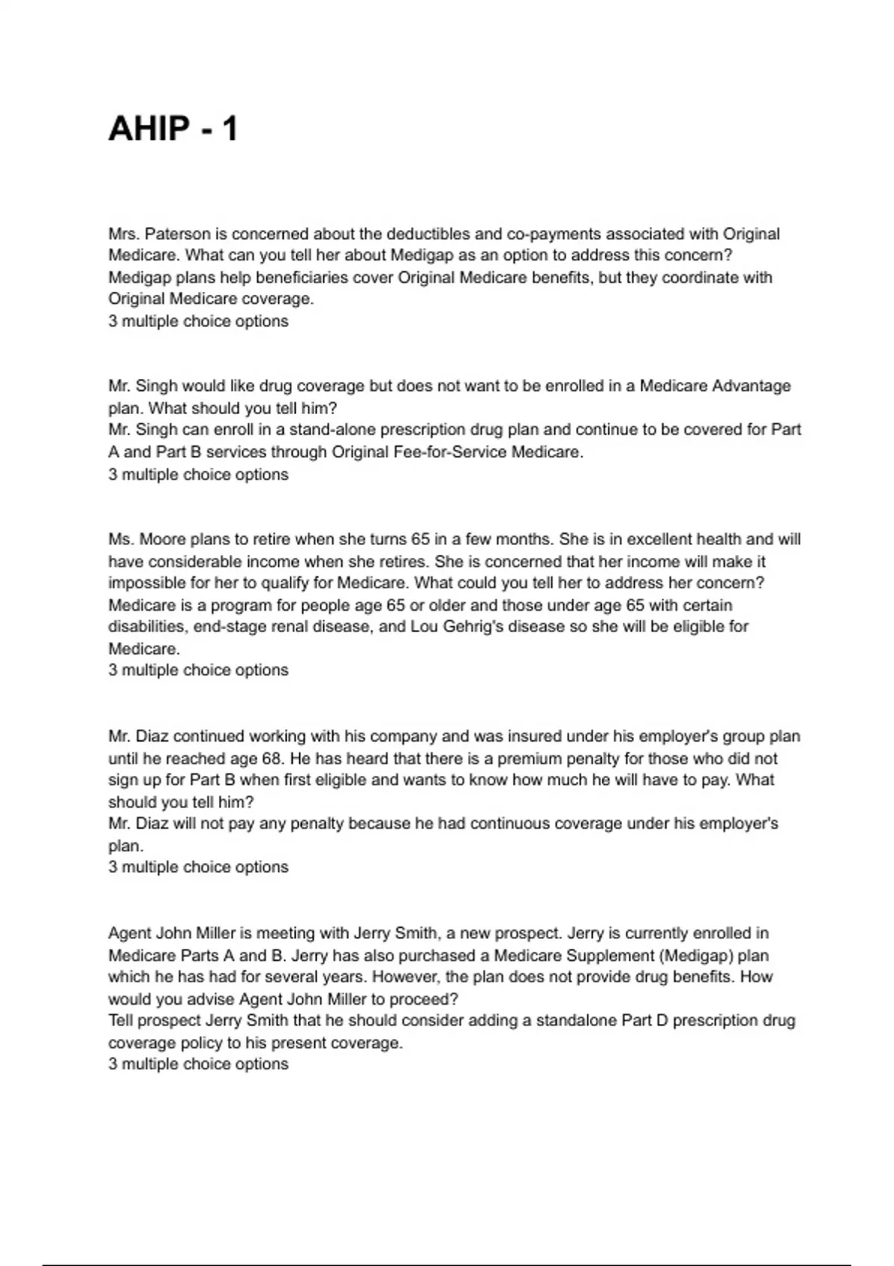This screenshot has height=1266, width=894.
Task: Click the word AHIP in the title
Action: [149, 129]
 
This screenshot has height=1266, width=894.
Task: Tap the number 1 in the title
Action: [229, 129]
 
